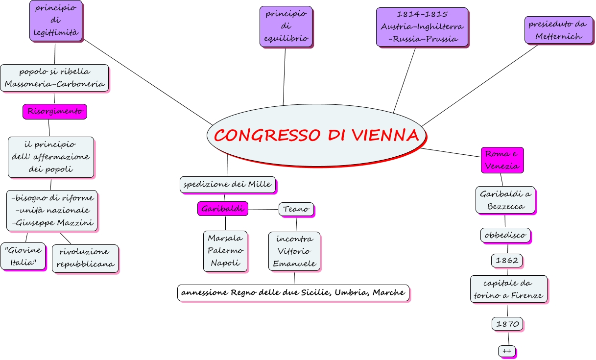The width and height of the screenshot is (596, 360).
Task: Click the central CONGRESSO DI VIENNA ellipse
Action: click(x=315, y=135)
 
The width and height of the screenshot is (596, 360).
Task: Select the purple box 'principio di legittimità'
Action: click(x=55, y=21)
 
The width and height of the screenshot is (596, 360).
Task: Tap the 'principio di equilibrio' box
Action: click(x=286, y=26)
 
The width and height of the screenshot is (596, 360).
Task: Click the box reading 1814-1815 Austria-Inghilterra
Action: click(x=422, y=27)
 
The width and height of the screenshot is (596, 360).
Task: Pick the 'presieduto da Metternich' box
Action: click(x=558, y=30)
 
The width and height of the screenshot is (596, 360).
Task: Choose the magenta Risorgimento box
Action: click(x=54, y=111)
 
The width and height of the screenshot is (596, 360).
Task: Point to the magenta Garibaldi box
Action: click(x=222, y=209)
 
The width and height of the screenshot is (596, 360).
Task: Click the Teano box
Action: click(x=296, y=209)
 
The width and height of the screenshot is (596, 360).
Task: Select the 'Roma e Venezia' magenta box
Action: click(x=501, y=160)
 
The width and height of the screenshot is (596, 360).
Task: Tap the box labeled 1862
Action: click(x=506, y=260)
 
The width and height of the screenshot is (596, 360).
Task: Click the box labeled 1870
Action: click(x=507, y=324)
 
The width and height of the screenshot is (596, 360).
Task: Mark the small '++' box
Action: click(x=506, y=351)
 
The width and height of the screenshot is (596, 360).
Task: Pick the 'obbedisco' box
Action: click(x=505, y=235)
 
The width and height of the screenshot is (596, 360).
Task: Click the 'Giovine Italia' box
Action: click(x=23, y=256)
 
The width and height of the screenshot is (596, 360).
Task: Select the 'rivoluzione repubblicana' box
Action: click(x=85, y=258)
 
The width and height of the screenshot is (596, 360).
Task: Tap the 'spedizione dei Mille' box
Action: click(x=228, y=184)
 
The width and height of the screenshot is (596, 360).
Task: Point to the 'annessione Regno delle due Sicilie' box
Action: click(x=293, y=292)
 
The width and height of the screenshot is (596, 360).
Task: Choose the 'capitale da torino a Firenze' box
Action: click(x=508, y=289)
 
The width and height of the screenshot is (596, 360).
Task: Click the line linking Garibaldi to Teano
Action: click(x=263, y=210)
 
